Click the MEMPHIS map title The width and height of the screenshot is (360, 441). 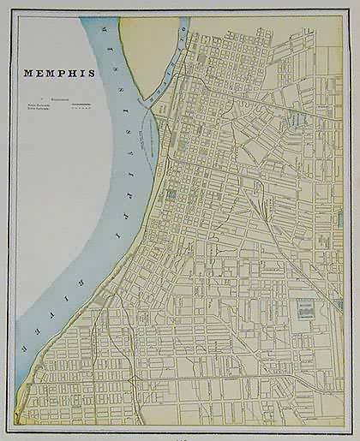tap(59, 73)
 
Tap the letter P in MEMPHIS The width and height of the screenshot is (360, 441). tap(67, 73)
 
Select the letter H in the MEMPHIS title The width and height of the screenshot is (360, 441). tap(78, 73)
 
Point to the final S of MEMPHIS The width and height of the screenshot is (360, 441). tap(92, 73)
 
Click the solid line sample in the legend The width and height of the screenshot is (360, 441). tap(80, 104)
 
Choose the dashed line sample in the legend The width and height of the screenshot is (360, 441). tap(80, 109)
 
